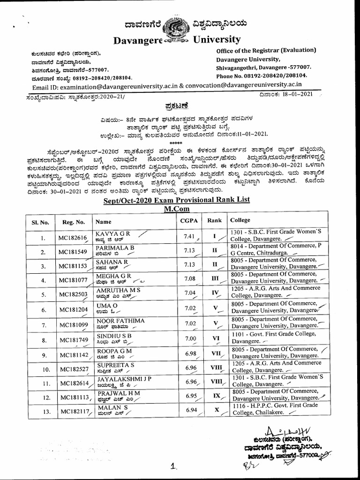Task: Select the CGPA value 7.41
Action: tap(189, 237)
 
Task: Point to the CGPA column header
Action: tap(189, 220)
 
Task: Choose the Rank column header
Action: tap(214, 220)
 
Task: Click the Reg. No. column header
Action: tap(71, 222)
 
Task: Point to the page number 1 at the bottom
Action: tap(173, 466)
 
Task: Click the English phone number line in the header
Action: tap(262, 75)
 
